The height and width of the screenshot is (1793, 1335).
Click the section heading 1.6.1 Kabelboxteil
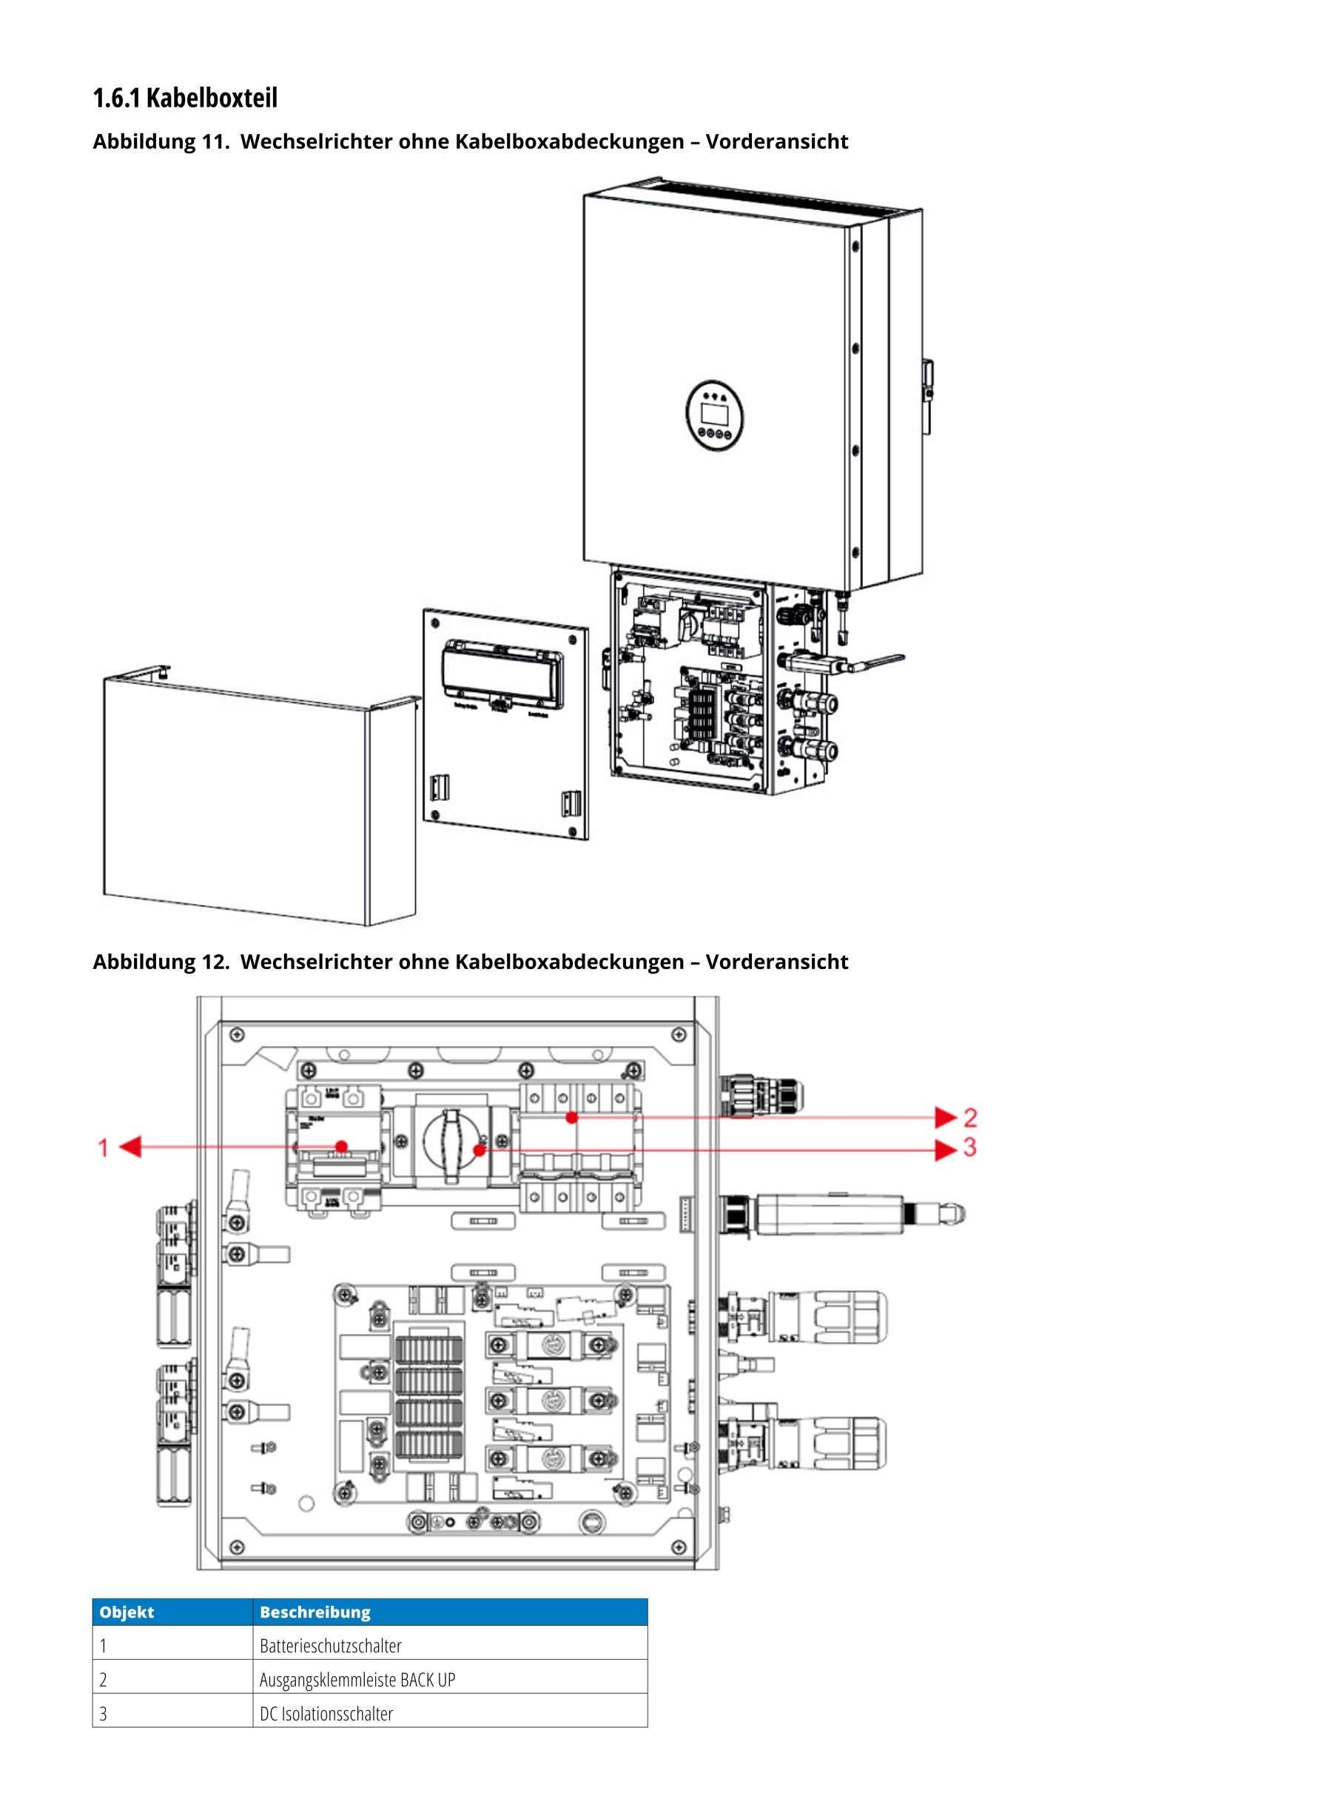coord(185,98)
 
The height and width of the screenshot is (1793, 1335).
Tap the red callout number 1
coord(104,1147)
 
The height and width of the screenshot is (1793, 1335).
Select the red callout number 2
coord(969,1118)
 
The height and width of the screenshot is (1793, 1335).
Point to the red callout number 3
coord(969,1148)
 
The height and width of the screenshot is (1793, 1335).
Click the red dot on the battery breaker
coord(342,1146)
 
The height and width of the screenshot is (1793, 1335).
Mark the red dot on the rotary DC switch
coord(480,1149)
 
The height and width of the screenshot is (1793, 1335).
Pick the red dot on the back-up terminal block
coord(571,1117)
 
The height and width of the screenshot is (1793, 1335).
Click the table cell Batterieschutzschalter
coord(331,1645)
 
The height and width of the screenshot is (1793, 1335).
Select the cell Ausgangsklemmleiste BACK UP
coord(357,1679)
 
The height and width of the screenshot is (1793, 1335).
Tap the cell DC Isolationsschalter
coord(326,1713)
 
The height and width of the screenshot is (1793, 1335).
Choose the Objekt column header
coord(127,1612)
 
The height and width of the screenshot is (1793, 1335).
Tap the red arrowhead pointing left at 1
coord(132,1147)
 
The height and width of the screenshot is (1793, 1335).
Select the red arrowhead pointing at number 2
coord(945,1118)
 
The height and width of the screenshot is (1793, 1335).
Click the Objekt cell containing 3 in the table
coord(104,1713)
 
